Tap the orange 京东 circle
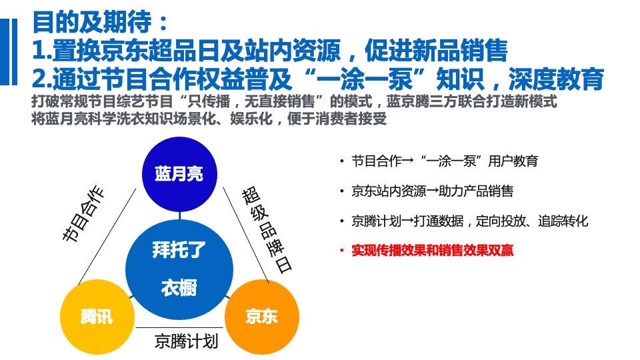[261, 317]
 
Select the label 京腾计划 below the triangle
[187, 342]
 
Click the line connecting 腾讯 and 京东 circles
[180, 327]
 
